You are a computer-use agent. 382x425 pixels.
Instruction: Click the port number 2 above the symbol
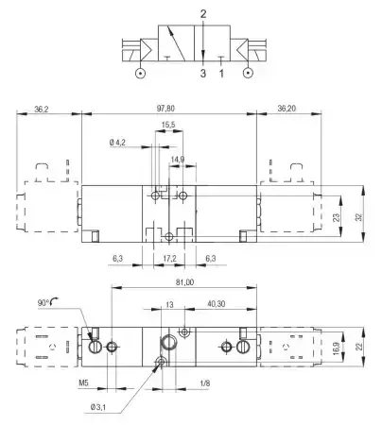tap(203, 14)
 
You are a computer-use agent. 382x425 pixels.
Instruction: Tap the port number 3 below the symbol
tap(203, 74)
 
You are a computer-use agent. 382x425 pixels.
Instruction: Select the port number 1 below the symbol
tap(221, 74)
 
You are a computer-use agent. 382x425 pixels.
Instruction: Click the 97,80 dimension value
tap(165, 109)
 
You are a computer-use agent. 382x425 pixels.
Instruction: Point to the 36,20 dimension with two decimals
tap(286, 109)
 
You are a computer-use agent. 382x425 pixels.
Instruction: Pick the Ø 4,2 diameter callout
tap(117, 143)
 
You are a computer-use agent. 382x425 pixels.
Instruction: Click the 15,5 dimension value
tap(168, 125)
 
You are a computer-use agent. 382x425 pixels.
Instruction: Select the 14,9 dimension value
tap(178, 160)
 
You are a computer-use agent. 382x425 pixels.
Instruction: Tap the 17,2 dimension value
tap(169, 259)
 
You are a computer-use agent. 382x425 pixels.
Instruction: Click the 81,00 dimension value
tap(184, 282)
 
